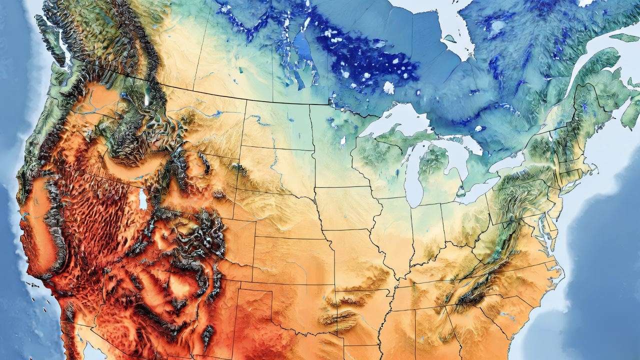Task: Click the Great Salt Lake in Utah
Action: point(143,199)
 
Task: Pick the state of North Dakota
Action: point(277,125)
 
